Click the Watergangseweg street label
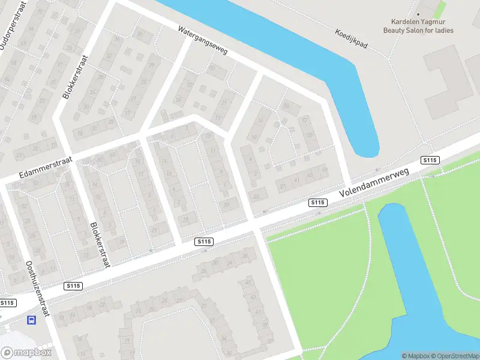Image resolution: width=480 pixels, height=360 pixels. click(203, 40)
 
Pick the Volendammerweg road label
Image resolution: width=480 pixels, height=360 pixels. click(373, 183)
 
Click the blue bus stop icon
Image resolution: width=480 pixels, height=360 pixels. click(31, 320)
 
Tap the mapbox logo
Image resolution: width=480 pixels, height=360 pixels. click(26, 353)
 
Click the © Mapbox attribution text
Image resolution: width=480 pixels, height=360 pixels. click(413, 356)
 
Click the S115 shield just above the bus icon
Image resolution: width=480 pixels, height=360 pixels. click(8, 303)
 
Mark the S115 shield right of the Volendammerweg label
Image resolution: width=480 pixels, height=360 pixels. click(430, 160)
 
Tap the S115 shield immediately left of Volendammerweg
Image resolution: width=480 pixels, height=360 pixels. click(317, 203)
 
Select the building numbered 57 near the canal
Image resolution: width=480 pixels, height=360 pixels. click(305, 121)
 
